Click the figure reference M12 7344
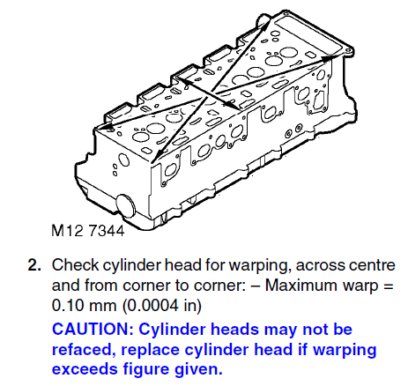tap(88, 231)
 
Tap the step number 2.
tap(34, 265)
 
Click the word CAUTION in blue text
tap(93, 329)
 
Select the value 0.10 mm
tap(84, 306)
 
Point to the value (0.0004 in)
tap(162, 306)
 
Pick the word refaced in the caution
tap(83, 350)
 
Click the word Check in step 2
tap(75, 265)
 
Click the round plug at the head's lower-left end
tap(126, 205)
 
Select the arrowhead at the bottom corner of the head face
tap(157, 155)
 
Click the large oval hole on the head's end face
tap(123, 160)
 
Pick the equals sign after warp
tap(389, 286)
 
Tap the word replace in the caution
tap(150, 351)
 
